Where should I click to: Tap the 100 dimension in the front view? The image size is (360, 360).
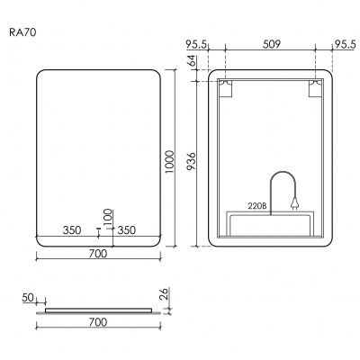(108, 217)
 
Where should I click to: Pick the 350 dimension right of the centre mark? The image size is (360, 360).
(126, 230)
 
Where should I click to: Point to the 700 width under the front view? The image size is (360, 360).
(99, 255)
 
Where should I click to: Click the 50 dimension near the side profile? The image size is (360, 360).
(28, 297)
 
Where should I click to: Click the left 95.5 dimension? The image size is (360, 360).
(197, 40)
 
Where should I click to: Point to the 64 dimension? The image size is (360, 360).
(191, 64)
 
